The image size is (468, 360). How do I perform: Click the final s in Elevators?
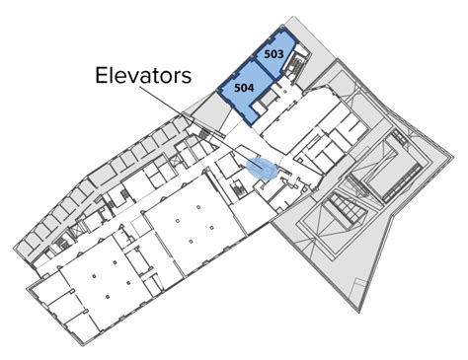186,78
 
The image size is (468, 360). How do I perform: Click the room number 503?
273,51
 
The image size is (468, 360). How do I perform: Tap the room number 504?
245,86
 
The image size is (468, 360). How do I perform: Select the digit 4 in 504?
253,86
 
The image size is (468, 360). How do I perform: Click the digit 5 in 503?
267,51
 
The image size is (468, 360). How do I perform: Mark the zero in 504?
245,86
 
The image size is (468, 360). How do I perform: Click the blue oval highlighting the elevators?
263,169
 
